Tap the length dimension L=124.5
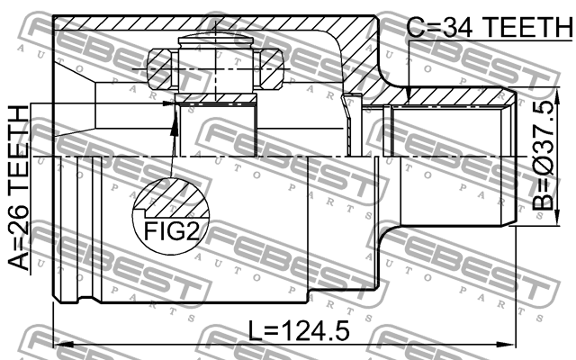tap(298, 331)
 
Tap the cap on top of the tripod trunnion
tap(217, 40)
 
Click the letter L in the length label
tap(256, 331)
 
